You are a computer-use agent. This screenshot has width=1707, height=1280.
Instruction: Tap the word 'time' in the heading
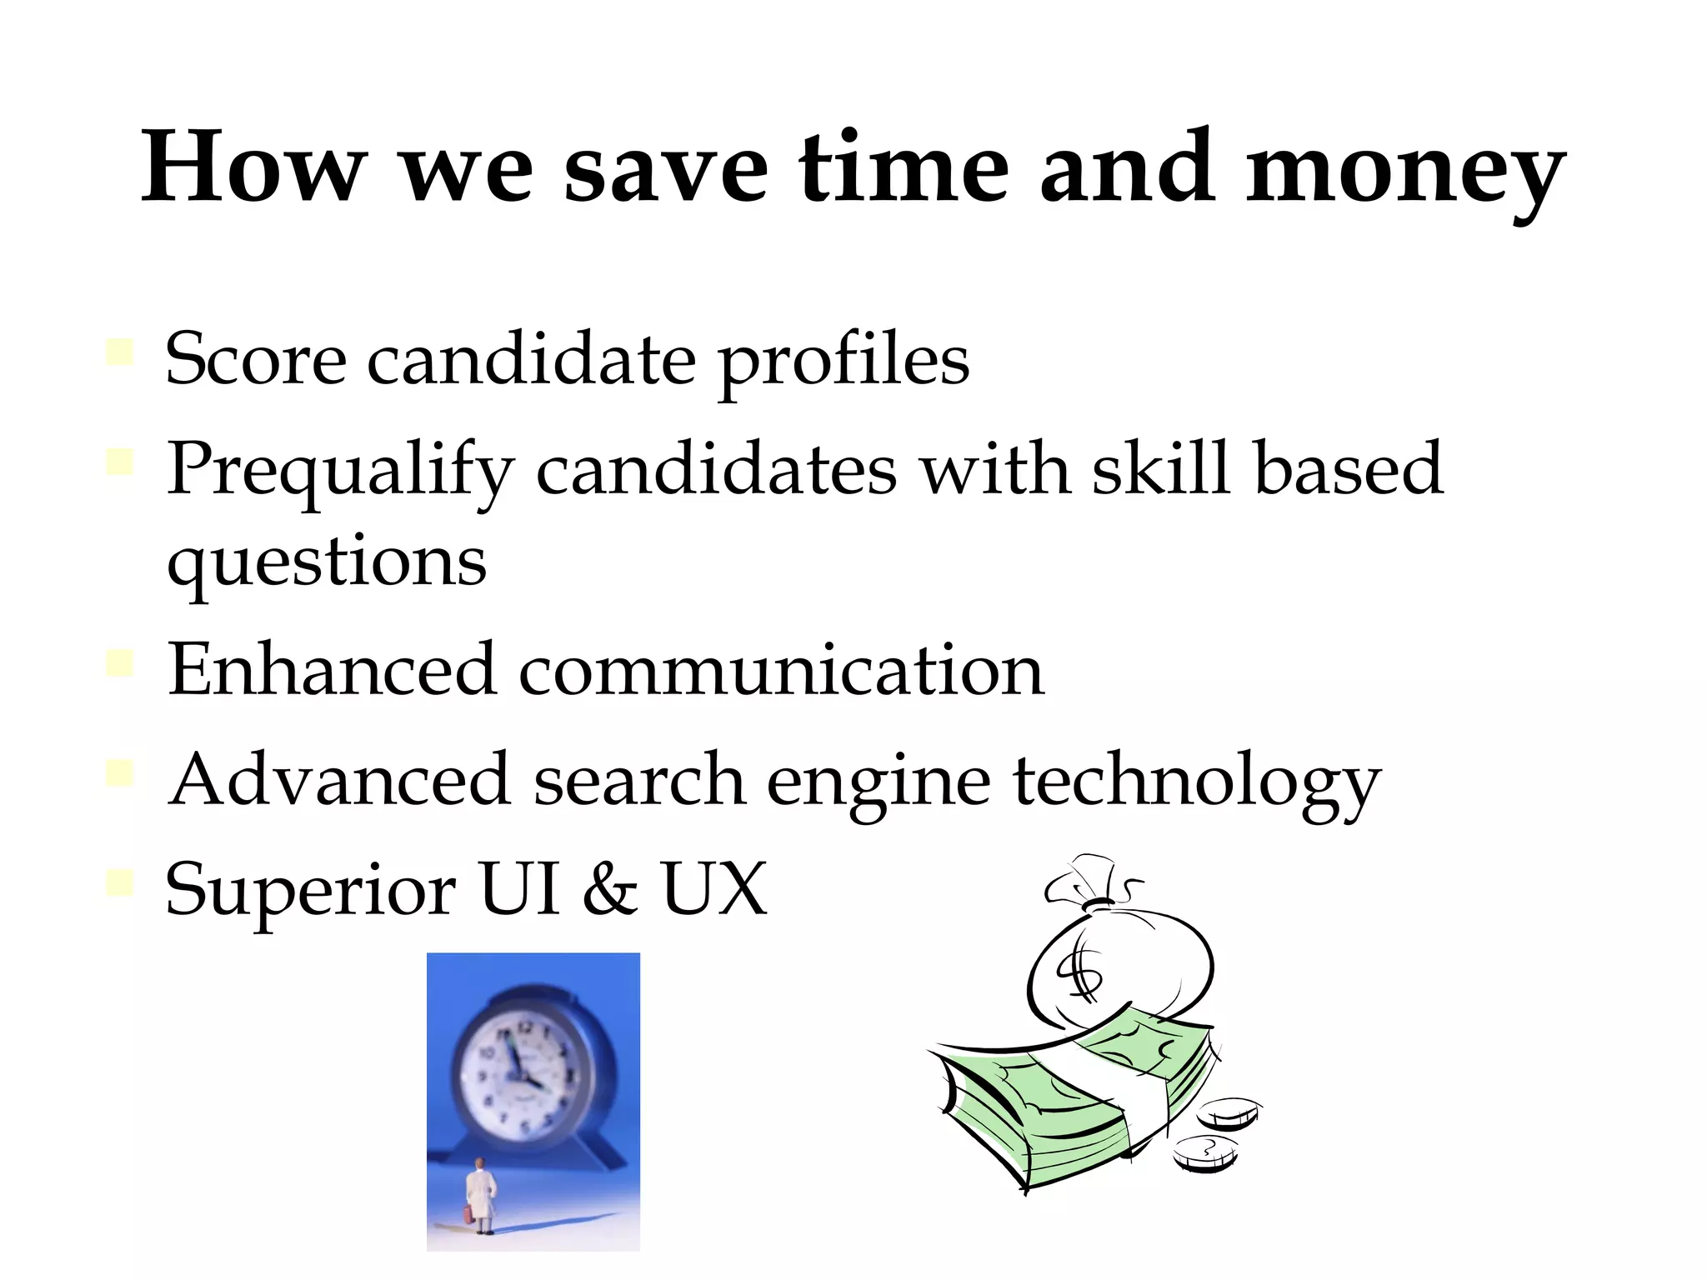pos(904,167)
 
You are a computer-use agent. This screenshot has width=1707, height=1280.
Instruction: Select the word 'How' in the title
pos(253,167)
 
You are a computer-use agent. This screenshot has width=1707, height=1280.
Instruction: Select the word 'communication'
pos(781,670)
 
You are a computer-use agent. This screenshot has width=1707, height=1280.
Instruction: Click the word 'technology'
pos(1197,783)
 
